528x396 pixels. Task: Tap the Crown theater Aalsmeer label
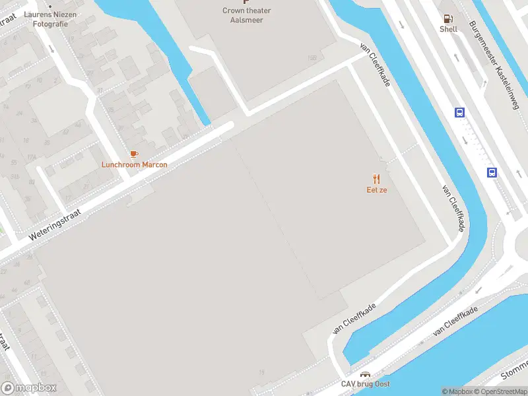[x=246, y=15]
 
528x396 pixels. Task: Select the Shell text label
[x=449, y=29]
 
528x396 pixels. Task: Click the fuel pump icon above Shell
[x=449, y=18]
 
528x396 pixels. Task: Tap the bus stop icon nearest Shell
[x=459, y=113]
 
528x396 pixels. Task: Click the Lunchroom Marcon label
[x=134, y=164]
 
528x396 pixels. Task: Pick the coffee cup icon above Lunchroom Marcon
[x=134, y=154]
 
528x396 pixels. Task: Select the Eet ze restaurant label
[x=377, y=190]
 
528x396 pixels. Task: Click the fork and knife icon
[x=377, y=179]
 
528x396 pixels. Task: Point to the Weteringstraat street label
[x=54, y=225]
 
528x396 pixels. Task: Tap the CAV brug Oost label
[x=365, y=384]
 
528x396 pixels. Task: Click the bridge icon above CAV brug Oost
[x=365, y=374]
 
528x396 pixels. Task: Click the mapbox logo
[x=28, y=388]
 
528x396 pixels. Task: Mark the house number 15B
[x=312, y=59]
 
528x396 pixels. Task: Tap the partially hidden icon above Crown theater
[x=246, y=2]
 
